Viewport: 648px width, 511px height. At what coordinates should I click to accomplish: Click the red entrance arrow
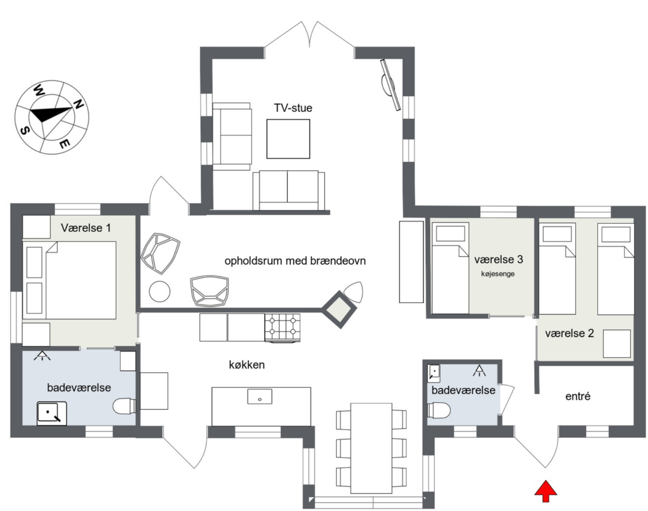[x=546, y=491]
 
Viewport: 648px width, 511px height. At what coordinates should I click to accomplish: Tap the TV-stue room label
[x=293, y=108]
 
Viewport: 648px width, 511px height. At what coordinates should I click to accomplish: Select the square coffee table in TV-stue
[x=288, y=139]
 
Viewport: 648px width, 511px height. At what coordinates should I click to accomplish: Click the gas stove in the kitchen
[x=283, y=328]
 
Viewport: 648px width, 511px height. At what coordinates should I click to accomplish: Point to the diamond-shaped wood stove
[x=339, y=309]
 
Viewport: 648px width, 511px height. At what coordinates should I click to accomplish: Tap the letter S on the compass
[x=25, y=130]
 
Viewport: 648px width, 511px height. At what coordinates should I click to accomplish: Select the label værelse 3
[x=499, y=259]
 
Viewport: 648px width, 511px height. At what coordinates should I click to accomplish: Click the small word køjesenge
[x=497, y=274]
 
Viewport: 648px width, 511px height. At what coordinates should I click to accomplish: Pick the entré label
[x=578, y=397]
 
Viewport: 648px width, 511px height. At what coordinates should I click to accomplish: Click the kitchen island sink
[x=259, y=397]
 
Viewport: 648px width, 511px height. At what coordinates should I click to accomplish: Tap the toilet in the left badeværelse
[x=125, y=405]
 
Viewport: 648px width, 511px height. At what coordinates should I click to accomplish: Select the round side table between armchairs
[x=159, y=292]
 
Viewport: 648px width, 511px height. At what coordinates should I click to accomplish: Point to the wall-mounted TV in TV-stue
[x=390, y=85]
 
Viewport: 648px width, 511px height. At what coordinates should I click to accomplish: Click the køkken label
[x=247, y=365]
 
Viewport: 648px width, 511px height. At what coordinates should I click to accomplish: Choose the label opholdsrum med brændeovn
[x=295, y=261]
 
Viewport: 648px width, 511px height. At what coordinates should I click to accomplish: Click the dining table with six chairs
[x=371, y=448]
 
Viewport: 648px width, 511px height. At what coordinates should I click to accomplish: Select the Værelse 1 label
[x=86, y=228]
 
